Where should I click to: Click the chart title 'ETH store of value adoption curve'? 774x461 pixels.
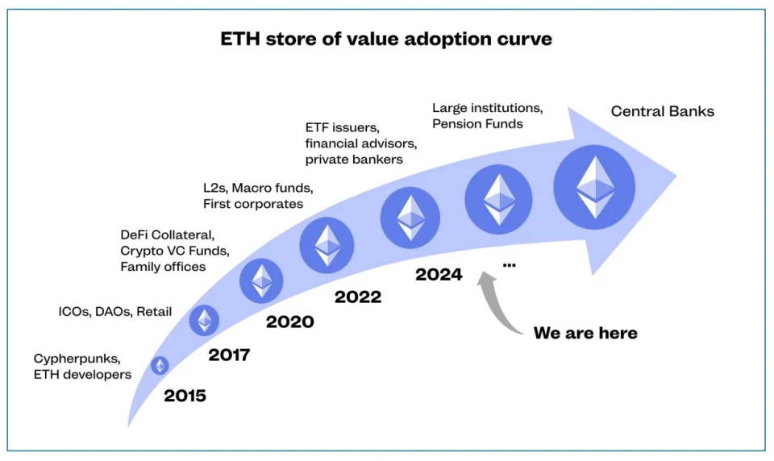[386, 39]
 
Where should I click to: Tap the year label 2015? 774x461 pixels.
[185, 396]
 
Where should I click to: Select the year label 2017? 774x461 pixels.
[229, 355]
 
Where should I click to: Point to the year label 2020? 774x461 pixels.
[289, 322]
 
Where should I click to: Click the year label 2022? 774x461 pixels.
[358, 297]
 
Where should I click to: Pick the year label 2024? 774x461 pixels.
[439, 275]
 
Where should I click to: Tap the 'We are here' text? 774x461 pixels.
[585, 333]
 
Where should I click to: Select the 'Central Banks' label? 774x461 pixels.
[662, 111]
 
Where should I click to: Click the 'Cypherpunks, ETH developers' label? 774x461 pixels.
[82, 366]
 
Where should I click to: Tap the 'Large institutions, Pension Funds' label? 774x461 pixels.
[486, 115]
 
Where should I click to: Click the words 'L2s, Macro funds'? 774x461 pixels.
[257, 188]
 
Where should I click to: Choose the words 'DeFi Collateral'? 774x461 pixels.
[167, 235]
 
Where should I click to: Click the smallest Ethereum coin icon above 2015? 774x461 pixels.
[160, 366]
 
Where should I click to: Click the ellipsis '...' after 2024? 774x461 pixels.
[509, 264]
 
